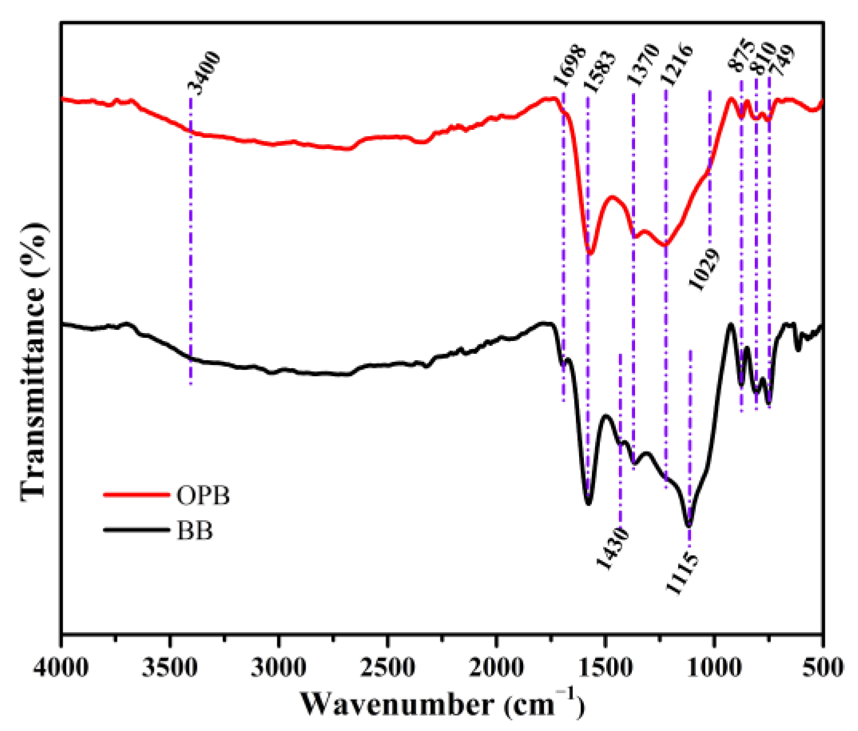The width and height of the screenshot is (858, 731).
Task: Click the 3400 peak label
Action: pos(204,73)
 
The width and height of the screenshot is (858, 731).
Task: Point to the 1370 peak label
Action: pos(643,65)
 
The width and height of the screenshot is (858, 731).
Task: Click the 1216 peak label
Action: pos(676,64)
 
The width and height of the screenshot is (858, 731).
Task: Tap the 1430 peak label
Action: pos(612,549)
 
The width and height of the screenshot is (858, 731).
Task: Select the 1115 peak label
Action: pos(681,573)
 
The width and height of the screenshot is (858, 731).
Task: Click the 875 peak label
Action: pos(740,55)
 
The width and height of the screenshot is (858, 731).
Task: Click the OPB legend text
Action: pos(203,496)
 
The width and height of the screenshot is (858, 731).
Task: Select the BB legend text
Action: pos(195,531)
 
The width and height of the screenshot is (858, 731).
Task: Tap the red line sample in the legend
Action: pos(136,495)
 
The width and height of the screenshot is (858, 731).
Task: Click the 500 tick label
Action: pos(823,667)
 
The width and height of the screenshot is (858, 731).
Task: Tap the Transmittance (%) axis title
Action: pos(35,362)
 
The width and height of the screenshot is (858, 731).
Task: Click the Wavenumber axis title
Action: pos(442,704)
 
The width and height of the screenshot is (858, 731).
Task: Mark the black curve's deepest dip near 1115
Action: pos(689,525)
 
